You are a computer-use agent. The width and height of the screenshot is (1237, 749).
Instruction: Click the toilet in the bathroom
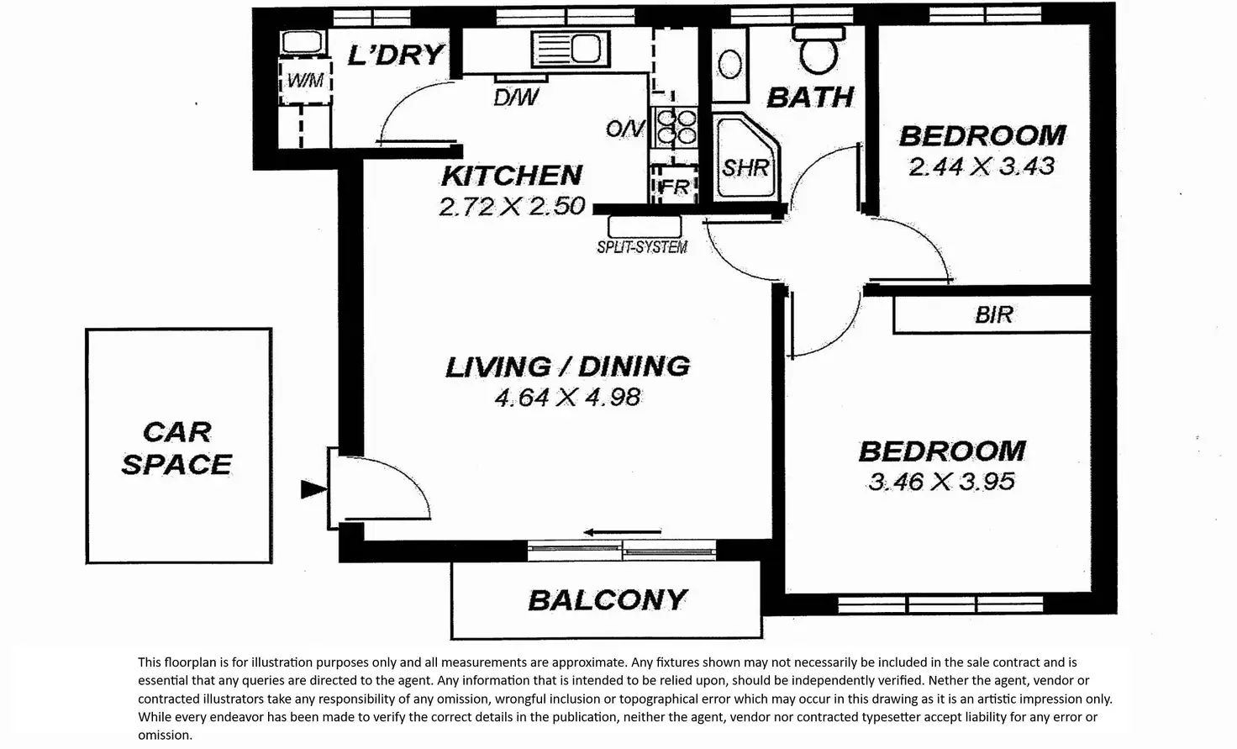point(819,50)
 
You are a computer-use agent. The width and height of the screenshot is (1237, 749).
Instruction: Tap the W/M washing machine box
point(305,82)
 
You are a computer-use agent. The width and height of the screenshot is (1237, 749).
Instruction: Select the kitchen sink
point(571,49)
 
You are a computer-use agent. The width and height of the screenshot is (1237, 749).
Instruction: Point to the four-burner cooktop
point(676,126)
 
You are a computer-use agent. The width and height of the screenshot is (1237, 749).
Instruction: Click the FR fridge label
point(674,187)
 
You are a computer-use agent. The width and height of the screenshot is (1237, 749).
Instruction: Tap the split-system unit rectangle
point(645,226)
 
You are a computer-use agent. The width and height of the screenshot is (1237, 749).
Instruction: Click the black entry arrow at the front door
point(313,489)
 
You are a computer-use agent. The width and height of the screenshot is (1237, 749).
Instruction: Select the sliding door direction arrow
point(623,532)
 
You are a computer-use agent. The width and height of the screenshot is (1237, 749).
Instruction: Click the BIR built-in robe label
point(994,315)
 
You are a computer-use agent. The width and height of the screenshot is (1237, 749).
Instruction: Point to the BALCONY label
point(608,600)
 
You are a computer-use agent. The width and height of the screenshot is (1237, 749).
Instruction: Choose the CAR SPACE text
point(176,448)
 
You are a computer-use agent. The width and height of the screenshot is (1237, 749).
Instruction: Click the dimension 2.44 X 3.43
point(982,166)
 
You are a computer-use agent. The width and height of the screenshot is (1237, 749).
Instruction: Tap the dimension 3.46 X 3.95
point(941,482)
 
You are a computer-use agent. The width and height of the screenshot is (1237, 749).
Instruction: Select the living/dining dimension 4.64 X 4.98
point(568,397)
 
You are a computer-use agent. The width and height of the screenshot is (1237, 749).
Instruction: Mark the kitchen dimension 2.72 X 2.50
point(512,207)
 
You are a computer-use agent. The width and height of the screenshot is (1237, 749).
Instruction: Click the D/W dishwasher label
point(516,98)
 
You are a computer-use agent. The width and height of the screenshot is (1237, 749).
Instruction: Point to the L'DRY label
point(396,55)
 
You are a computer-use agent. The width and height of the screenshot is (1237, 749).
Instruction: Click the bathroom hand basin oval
point(730,65)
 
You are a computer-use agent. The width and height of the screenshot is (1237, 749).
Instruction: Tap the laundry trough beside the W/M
point(302,42)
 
